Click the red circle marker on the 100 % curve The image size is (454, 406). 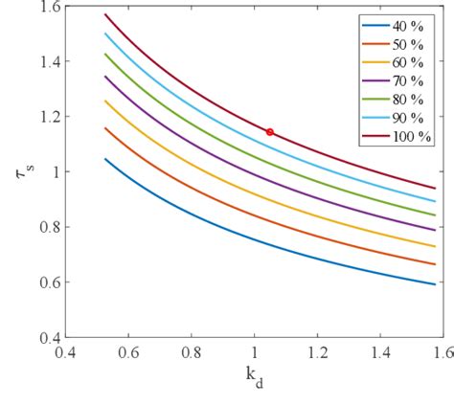pos(270,131)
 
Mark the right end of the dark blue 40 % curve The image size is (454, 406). pos(435,283)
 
